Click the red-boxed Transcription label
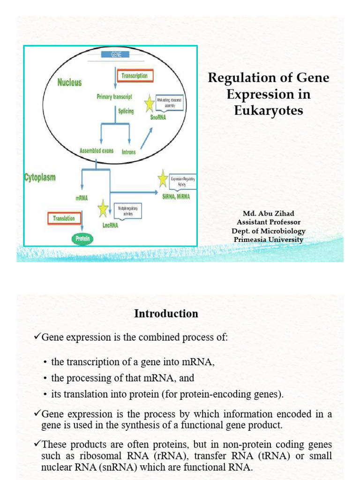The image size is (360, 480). [x=135, y=76]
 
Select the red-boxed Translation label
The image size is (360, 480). [x=64, y=218]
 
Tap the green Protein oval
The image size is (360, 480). [x=82, y=239]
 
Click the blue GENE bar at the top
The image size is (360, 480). [x=115, y=55]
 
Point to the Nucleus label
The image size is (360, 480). [x=69, y=82]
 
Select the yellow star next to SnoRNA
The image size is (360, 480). [x=150, y=104]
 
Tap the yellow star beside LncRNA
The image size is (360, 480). [x=103, y=209]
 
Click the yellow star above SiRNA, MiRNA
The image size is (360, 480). [x=163, y=179]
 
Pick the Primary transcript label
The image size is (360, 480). [x=114, y=97]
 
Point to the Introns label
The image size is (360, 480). [x=129, y=152]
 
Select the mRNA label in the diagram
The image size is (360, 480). [x=82, y=198]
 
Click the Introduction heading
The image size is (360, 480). [x=166, y=314]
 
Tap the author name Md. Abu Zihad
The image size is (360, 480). [x=269, y=214]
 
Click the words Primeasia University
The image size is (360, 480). [x=269, y=240]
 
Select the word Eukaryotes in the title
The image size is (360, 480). [x=269, y=111]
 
